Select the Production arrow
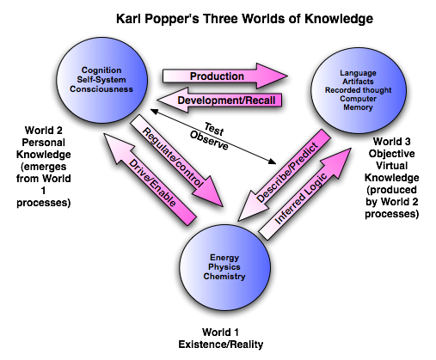point(225,76)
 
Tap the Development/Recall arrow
point(219,101)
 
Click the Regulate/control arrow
point(177,161)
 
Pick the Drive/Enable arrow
point(150,180)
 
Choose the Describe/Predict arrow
point(285,175)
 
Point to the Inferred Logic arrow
point(305,194)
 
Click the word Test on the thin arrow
point(214,129)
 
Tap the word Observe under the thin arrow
point(209,141)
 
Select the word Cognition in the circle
point(101,70)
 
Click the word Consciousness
point(101,89)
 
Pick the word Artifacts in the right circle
point(358,82)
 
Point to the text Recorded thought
point(358,90)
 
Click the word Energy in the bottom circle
point(224,258)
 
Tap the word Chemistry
point(224,277)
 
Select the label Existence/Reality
point(221,345)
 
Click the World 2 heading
point(44,131)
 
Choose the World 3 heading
point(392,142)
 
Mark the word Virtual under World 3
point(392,166)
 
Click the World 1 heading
point(220,333)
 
